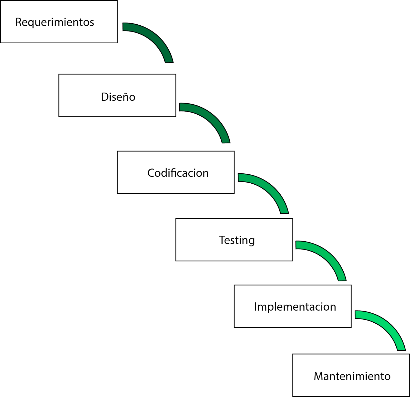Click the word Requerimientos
(x=55, y=22)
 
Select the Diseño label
(x=118, y=97)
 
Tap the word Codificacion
(x=178, y=173)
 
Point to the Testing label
(x=237, y=240)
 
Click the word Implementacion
(x=295, y=307)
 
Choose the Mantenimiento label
(x=352, y=376)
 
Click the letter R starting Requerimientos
(x=18, y=22)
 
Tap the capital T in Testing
(x=222, y=240)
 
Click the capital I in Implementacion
(x=255, y=307)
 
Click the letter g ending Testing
(x=252, y=241)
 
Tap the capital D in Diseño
(x=105, y=97)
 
